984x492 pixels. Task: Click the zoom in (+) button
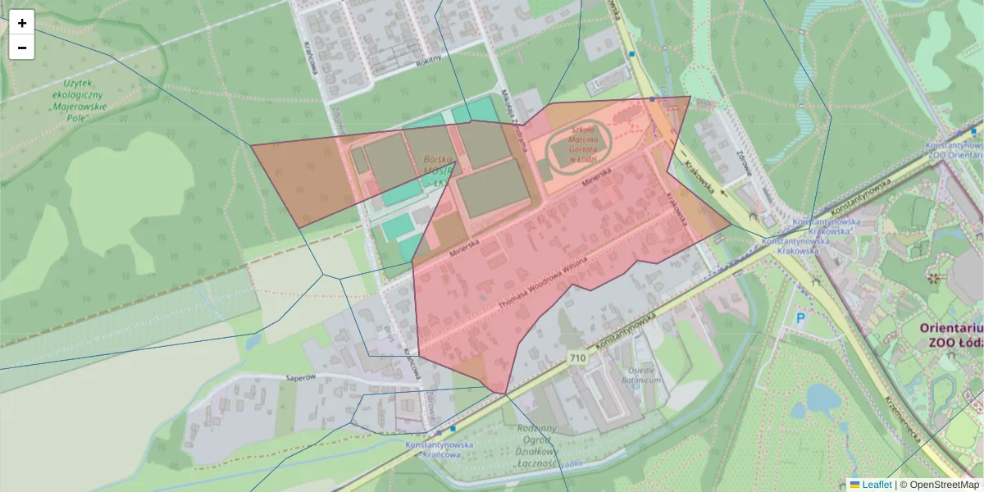coord(22,23)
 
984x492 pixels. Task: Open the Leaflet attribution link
coord(876,485)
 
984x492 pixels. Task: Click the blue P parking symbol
coord(800,319)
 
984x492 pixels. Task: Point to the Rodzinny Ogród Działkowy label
coord(537,446)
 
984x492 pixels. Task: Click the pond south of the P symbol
coord(822,401)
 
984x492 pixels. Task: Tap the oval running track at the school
coord(579,145)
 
